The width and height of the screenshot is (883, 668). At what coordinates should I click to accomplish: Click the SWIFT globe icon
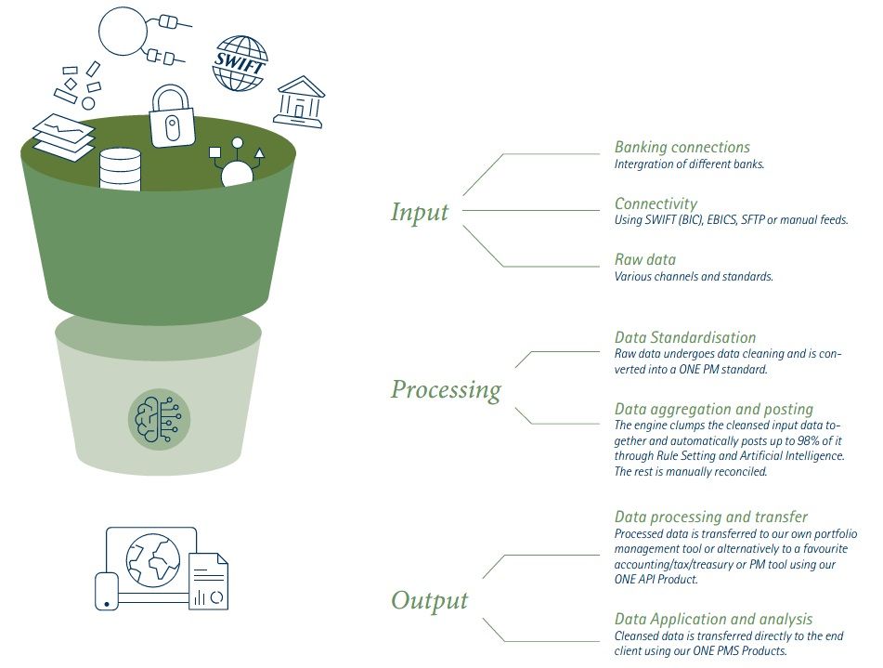[240, 64]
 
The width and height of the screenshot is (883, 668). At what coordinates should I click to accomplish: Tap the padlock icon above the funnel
[171, 117]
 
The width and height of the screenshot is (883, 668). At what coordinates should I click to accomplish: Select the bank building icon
[299, 102]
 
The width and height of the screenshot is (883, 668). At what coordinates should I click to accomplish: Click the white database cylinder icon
[120, 169]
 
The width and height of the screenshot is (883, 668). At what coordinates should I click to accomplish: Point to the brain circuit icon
[158, 419]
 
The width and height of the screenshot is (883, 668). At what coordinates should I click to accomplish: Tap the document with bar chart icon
[209, 583]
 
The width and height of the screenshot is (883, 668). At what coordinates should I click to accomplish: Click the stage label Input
[420, 213]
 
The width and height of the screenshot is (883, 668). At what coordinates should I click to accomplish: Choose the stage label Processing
[446, 389]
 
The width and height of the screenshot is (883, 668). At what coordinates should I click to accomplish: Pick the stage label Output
[430, 600]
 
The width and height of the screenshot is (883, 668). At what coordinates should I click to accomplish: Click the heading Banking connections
[682, 147]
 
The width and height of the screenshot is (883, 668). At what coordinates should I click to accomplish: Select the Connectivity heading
[656, 203]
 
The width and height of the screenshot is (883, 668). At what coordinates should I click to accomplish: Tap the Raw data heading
[645, 259]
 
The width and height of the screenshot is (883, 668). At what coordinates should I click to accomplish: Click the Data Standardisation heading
[685, 337]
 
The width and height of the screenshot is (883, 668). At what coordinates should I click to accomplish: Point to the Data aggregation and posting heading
[713, 409]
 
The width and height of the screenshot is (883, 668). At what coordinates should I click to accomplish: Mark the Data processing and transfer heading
[711, 517]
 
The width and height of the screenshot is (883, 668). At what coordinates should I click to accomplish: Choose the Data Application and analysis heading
[713, 619]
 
